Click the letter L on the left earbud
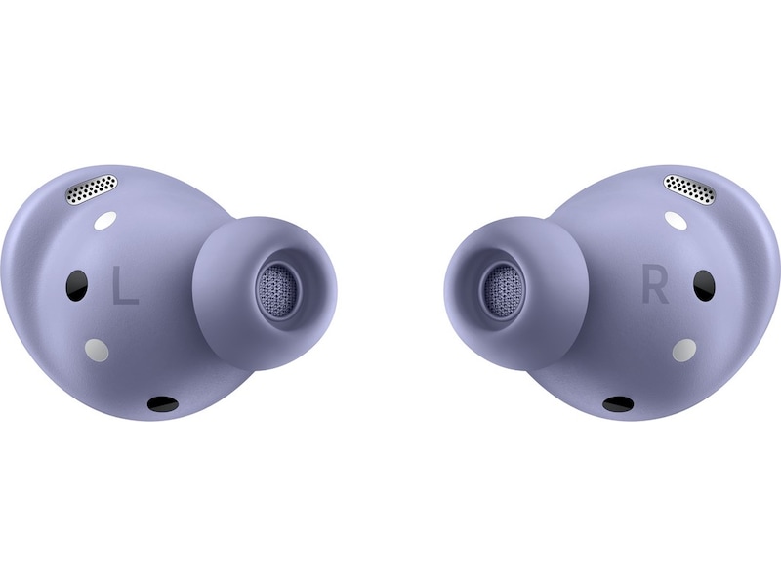coord(125,285)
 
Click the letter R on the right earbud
coord(654,285)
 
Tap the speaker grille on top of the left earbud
coord(93,189)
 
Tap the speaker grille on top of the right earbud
coord(690,189)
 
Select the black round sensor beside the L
coord(77,285)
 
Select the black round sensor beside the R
coord(704,285)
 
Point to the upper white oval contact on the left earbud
coord(105,221)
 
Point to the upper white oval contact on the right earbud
coord(676,221)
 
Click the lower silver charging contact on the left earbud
coord(97,351)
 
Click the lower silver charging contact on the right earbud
coord(684,351)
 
